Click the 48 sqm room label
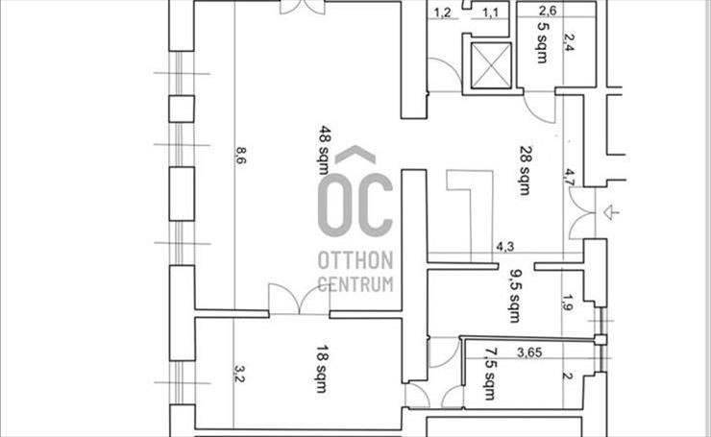coord(323,150)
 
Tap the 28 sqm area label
coord(526,170)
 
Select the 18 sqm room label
coord(323,369)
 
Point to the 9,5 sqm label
coord(515,296)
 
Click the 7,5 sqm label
coord(490,374)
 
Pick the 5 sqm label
coord(542,42)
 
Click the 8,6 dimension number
coord(240,156)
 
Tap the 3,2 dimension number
coord(239,374)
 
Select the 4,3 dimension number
coord(504,247)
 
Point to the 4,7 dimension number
coord(569,177)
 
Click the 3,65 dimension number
coord(529,352)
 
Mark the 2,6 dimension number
coord(548,10)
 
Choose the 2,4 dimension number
coord(567,42)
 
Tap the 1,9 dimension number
coord(568,303)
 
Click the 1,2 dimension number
coord(443,12)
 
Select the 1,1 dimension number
coord(490,12)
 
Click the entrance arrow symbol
coord(610,211)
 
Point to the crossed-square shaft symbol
coord(492,65)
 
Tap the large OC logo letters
coord(355,205)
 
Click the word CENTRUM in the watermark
coord(355,284)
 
